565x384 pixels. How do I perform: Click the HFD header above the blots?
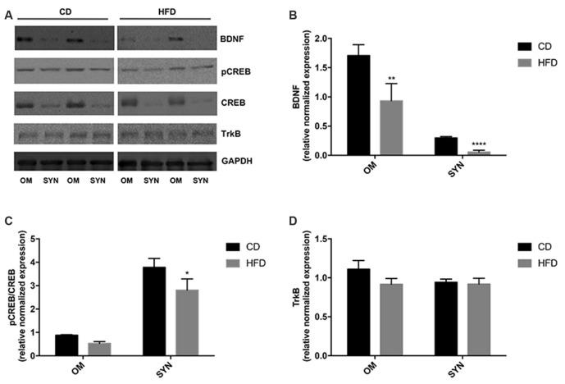click(x=173, y=9)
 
